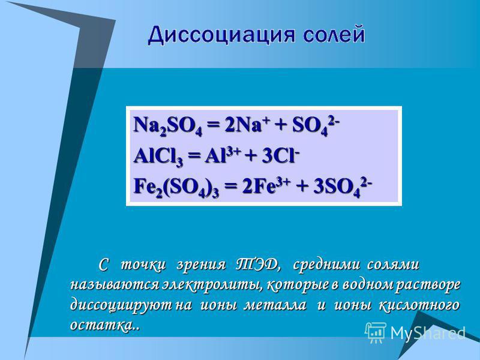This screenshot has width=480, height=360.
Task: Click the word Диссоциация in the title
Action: pos(222,35)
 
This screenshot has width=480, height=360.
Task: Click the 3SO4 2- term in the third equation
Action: pos(343,187)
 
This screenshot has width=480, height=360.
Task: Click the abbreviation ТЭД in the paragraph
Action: pos(259,265)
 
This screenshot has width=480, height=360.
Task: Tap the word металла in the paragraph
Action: pos(275,305)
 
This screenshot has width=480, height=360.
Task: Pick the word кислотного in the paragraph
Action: pos(419,305)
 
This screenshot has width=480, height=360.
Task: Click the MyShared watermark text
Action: pos(428,332)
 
